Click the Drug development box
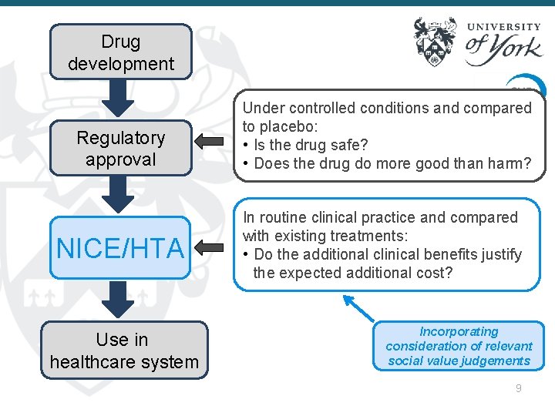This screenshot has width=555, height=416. (121, 52)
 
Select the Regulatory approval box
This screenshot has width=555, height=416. (121, 148)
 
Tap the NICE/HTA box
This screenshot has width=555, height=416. (121, 248)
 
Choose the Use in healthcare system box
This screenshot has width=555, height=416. (124, 351)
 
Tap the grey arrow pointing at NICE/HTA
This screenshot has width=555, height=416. (209, 247)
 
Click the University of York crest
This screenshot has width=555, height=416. (436, 42)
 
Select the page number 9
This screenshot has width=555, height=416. (519, 388)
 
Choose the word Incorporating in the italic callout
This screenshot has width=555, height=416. (459, 331)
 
